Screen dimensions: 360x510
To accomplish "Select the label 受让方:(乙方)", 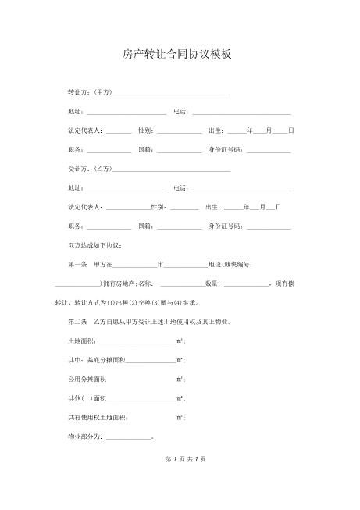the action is pyautogui.click(x=91, y=169).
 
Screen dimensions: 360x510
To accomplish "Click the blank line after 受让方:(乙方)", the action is pyautogui.click(x=172, y=170).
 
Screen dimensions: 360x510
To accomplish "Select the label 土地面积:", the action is pyautogui.click(x=83, y=341).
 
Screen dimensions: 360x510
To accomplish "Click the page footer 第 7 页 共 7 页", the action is pyautogui.click(x=180, y=480).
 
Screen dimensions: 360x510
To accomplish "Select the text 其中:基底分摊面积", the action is pyautogui.click(x=96, y=360).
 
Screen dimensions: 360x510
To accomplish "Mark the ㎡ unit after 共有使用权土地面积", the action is pyautogui.click(x=180, y=417).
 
